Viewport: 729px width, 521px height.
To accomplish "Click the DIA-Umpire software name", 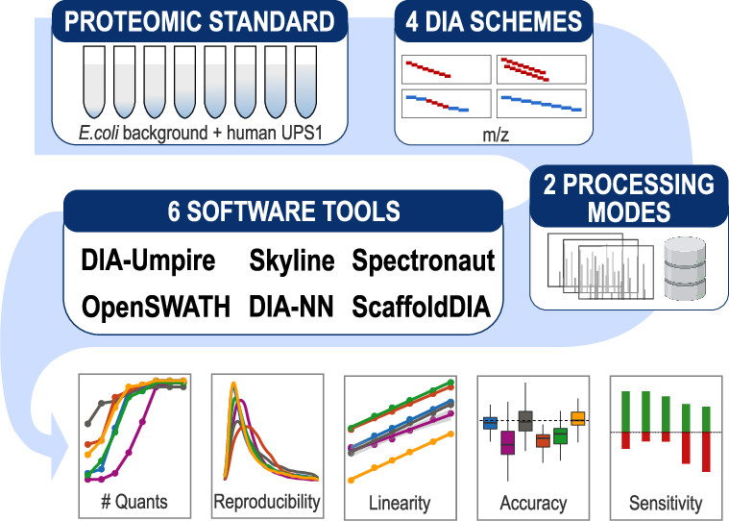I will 149,261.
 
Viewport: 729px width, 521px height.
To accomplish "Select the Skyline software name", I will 292,261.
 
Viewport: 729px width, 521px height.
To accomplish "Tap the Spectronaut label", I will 424,261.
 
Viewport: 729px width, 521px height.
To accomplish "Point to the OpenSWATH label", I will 156,308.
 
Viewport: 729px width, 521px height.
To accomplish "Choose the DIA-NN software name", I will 290,308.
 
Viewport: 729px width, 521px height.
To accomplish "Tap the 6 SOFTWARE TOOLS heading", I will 283,211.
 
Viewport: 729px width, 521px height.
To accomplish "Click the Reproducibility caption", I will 267,501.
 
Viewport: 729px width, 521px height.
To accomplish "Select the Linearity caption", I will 399,502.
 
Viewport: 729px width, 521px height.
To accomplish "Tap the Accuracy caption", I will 533,502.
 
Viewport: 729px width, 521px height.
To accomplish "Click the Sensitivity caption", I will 665,502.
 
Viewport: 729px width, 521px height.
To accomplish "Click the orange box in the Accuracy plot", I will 578,418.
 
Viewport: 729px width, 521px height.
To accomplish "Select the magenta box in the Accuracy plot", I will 508,443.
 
